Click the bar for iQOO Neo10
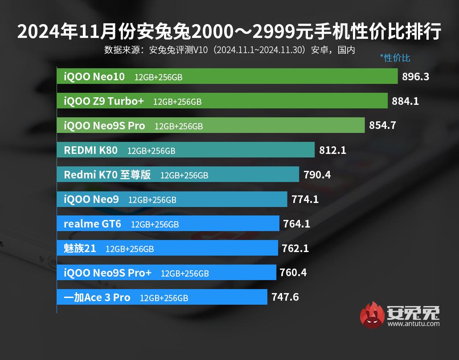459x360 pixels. (x=227, y=76)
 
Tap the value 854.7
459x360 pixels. (x=382, y=126)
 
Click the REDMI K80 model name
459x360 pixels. (x=91, y=150)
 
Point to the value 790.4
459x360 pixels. (x=317, y=174)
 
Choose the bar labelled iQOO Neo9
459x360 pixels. (x=172, y=199)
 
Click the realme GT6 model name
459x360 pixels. (x=92, y=223)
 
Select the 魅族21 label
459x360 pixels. (x=80, y=248)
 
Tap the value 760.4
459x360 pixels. (x=293, y=272)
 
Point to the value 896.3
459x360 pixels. (x=415, y=77)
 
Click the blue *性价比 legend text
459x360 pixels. (x=395, y=58)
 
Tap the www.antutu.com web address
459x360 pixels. (x=414, y=324)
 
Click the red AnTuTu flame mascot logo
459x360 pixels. (x=372, y=315)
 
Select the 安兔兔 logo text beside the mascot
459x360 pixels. (x=414, y=313)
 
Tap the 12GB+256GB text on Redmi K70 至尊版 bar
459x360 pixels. (x=184, y=175)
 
